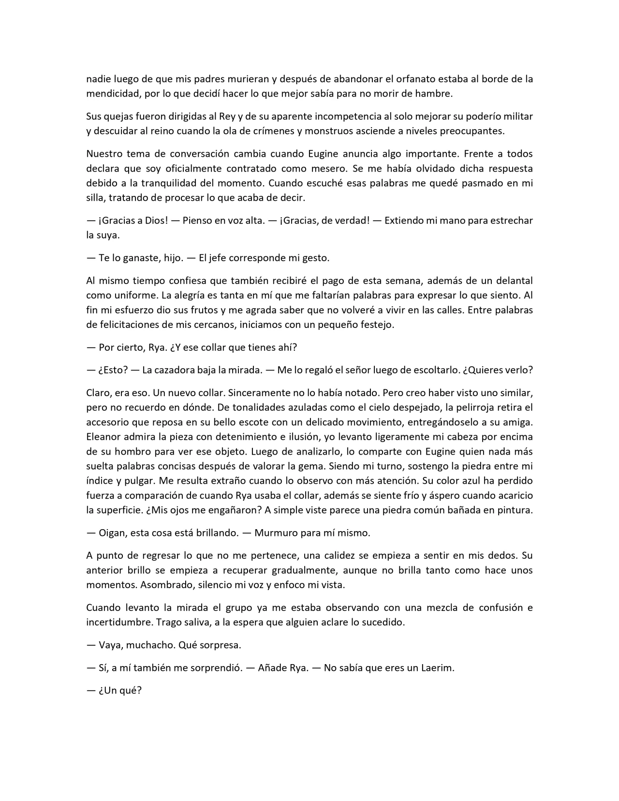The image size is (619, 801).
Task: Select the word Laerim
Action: (x=437, y=668)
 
